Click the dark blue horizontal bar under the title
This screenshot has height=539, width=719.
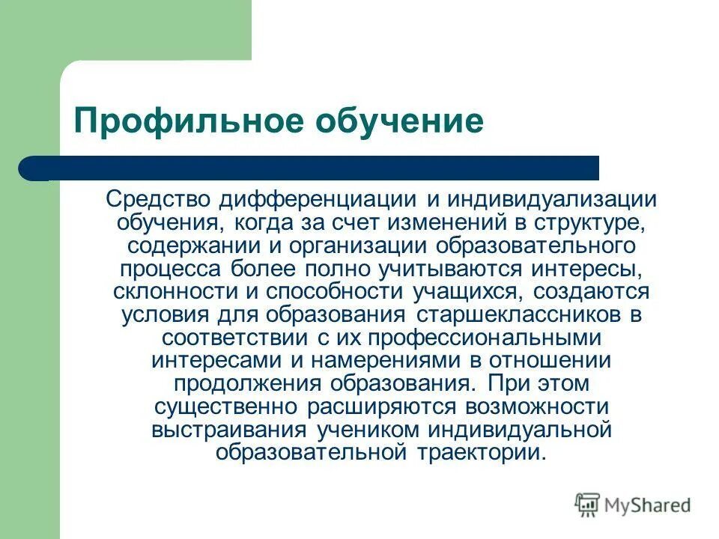315,168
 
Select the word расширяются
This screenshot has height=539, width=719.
383,407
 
